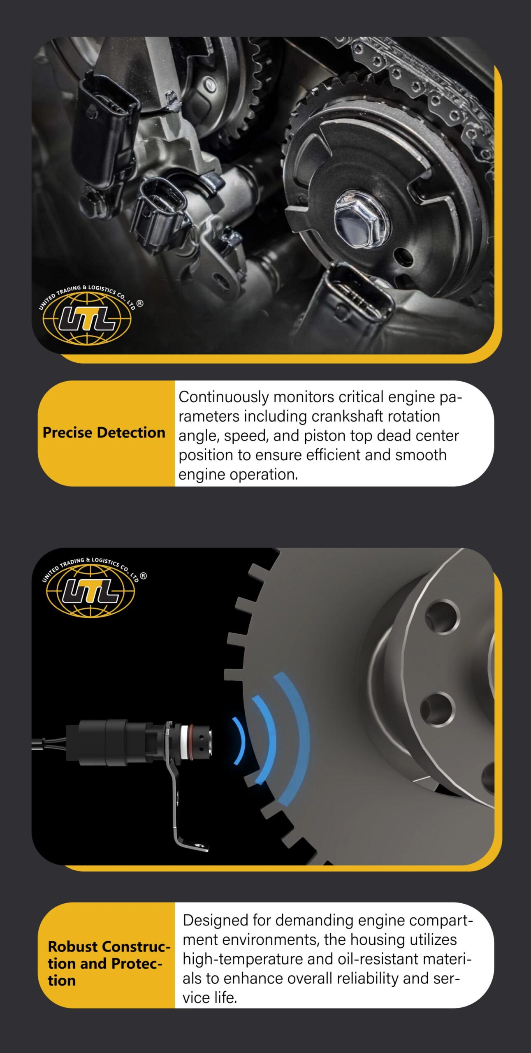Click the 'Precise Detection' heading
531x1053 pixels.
[x=104, y=433]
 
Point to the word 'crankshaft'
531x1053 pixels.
[x=347, y=416]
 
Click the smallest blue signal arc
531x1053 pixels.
[x=240, y=741]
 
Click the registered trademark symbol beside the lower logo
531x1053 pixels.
[x=143, y=576]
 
